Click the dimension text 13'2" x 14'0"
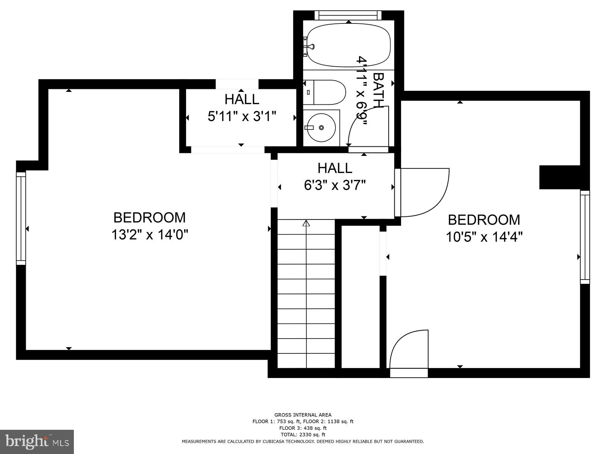150,235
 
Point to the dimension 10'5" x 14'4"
484,237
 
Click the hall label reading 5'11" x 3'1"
242,116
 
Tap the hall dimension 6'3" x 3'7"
335,185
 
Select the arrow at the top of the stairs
306,224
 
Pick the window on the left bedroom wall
21,218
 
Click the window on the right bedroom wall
585,237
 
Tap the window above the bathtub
348,15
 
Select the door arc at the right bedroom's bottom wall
409,348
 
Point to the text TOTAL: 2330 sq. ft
303,435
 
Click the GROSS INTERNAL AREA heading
303,415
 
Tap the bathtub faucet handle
310,47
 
